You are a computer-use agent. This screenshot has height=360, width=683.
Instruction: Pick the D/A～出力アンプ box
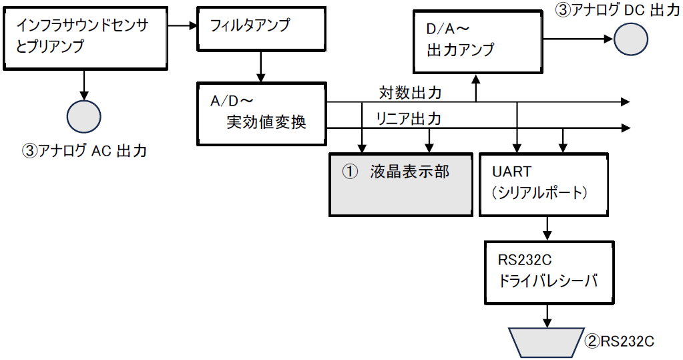tap(478, 41)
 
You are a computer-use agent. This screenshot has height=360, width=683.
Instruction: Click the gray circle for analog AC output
tap(83, 116)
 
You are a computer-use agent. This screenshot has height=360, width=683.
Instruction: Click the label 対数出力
tap(410, 92)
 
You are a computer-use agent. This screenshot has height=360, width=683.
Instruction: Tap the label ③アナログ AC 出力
tap(85, 151)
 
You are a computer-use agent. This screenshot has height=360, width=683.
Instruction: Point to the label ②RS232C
tap(620, 341)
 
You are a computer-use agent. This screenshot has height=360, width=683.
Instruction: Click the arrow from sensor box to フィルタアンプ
tap(182, 26)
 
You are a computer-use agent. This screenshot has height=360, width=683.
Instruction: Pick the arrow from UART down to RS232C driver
tap(547, 228)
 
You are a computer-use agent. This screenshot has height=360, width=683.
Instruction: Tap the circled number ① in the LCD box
tap(351, 172)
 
